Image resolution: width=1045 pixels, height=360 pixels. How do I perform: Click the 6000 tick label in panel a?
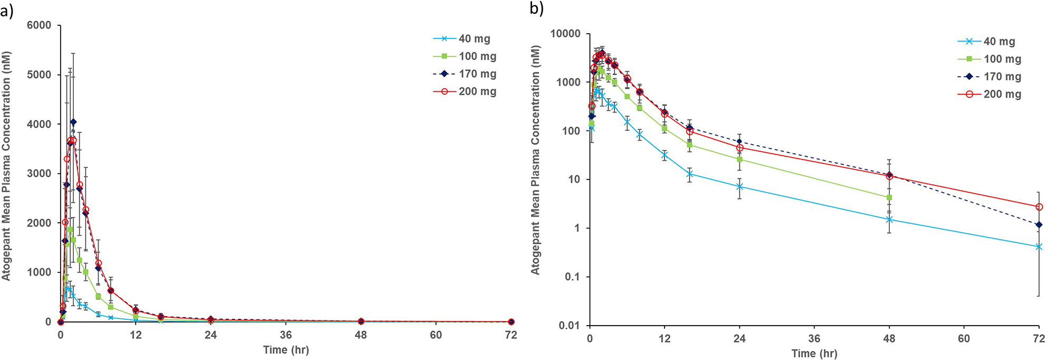tap(39, 25)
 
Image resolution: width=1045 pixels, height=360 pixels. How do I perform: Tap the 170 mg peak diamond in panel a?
tap(73, 122)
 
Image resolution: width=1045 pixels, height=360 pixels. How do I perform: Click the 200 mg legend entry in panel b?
tap(990, 94)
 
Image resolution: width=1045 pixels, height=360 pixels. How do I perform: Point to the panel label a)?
tap(7, 10)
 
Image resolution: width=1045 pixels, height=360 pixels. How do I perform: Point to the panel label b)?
tap(537, 9)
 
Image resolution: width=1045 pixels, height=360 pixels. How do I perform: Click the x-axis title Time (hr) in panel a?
tap(286, 350)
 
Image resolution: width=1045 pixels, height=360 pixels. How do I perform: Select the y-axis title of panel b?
tap(536, 160)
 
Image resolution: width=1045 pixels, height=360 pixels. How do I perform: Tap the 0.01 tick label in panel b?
tap(569, 326)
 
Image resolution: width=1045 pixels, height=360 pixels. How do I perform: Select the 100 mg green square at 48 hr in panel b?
tap(889, 197)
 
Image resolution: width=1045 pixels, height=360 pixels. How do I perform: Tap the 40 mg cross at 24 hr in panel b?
tap(740, 187)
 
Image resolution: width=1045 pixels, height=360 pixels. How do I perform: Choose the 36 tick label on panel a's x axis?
tap(286, 335)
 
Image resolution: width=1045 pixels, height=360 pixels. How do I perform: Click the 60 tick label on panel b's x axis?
tap(964, 338)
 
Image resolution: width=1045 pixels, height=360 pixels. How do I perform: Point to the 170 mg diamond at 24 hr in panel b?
tap(739, 141)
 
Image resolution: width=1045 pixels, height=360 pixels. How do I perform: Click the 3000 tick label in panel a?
tap(39, 174)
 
